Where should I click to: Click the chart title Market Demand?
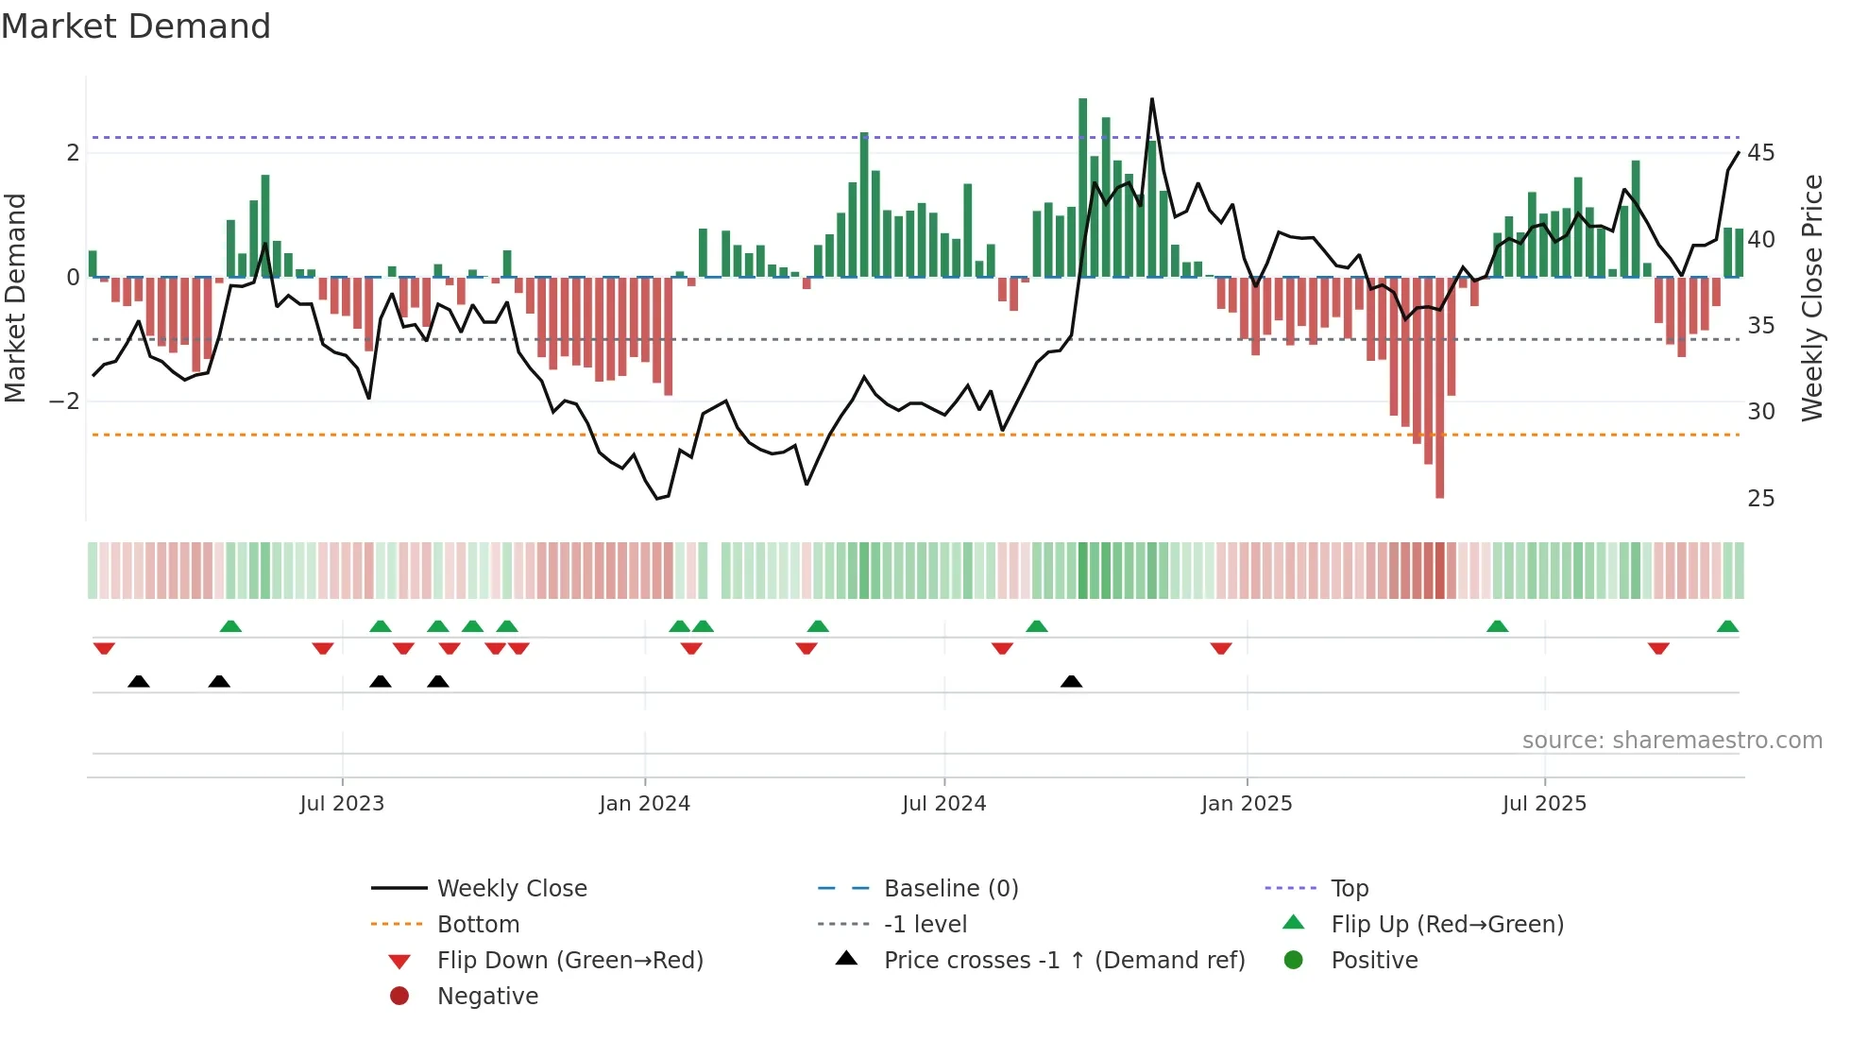coord(136,26)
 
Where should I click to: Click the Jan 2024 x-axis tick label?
coord(644,804)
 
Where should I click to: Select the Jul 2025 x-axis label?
coord(1544,804)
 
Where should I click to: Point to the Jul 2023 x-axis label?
coord(342,804)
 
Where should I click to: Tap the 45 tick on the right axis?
coord(1760,153)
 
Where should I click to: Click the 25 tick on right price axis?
coord(1760,499)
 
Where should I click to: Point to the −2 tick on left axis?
coord(65,401)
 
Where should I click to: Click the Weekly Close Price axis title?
coord(1811,298)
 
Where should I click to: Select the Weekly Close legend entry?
coord(511,889)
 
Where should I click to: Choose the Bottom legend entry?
coord(478,925)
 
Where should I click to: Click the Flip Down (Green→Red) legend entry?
coord(569,961)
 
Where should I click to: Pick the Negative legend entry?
coord(487,997)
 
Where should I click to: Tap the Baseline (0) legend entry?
coord(950,889)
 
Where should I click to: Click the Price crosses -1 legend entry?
coord(1063,961)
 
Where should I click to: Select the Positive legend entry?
coord(1374,961)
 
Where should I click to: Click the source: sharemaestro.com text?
coord(1672,741)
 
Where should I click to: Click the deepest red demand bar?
coord(1439,387)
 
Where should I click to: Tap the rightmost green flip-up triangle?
coord(1727,626)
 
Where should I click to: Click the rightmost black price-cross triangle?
coord(1071,681)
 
